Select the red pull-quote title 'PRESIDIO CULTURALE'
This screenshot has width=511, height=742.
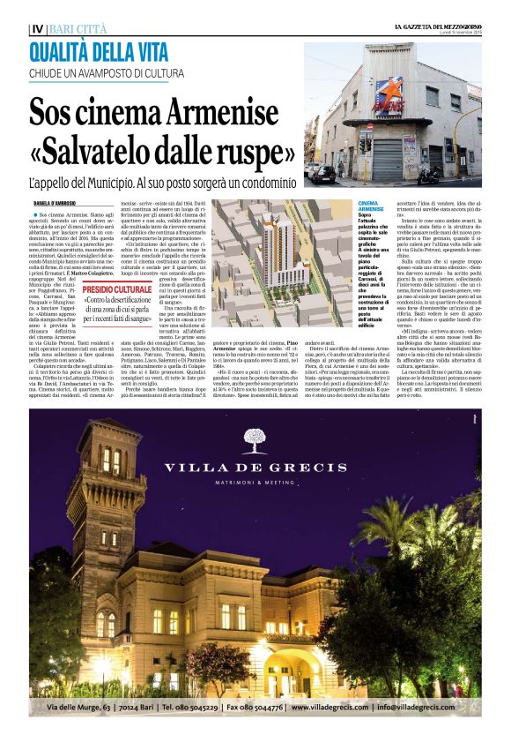tap(117, 289)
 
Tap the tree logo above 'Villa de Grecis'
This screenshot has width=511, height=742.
tap(255, 440)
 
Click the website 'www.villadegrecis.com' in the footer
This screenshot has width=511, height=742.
tap(334, 708)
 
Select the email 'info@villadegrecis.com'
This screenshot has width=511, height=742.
tap(430, 708)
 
